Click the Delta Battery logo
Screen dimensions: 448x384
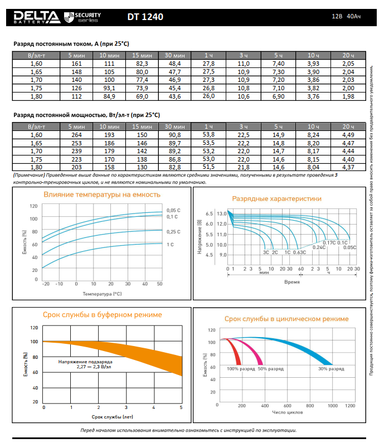coord(36,17)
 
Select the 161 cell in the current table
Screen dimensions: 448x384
coord(77,65)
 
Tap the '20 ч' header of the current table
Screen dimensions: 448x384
coord(348,56)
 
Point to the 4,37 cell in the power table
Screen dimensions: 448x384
coord(348,167)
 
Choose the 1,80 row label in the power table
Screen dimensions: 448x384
coord(36,167)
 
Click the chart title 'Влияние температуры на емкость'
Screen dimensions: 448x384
coord(102,195)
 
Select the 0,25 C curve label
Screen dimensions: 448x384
coord(174,231)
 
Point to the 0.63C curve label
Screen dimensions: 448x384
coord(300,252)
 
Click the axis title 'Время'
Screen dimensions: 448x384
coord(292,282)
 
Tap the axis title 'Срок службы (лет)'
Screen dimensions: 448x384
coord(113,416)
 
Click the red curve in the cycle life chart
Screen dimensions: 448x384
coord(236,351)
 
